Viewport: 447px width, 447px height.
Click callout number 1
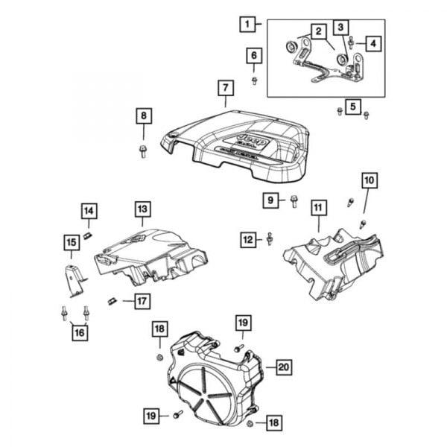(246, 24)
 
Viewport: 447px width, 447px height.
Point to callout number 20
(282, 366)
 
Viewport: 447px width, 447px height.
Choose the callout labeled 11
(318, 207)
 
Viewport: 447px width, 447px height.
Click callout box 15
(72, 242)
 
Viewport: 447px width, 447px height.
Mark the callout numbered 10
(370, 180)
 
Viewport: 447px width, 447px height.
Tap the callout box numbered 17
(141, 301)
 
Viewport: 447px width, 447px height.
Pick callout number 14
(89, 211)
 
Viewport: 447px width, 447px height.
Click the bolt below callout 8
(142, 151)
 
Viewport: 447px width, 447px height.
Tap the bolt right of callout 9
(294, 200)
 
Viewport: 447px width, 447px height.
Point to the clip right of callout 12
(270, 238)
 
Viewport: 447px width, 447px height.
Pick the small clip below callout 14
(86, 235)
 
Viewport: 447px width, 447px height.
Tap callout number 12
(247, 239)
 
